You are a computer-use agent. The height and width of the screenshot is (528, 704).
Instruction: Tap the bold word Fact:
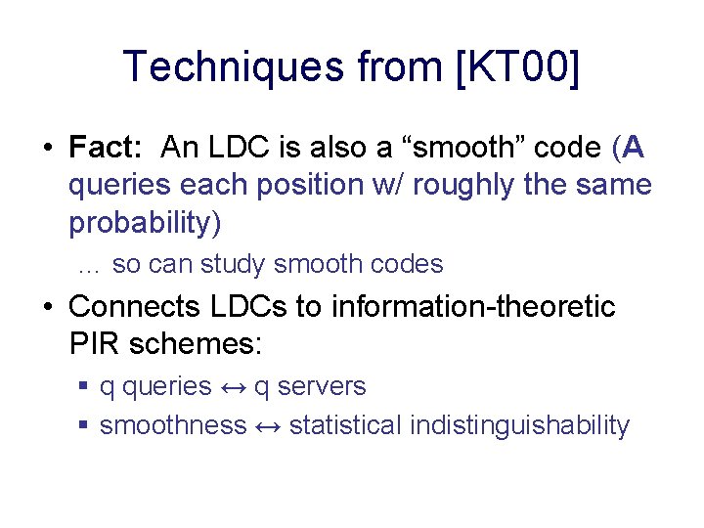point(107,148)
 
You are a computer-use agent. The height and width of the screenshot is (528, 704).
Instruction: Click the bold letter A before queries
point(633,148)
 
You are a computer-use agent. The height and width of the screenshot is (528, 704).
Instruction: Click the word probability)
point(145,223)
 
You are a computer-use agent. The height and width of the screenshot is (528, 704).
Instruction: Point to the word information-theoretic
point(476,307)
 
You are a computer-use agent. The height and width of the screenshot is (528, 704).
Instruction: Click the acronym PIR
point(95,344)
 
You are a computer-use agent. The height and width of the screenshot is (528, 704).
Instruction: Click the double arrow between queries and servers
point(233,387)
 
